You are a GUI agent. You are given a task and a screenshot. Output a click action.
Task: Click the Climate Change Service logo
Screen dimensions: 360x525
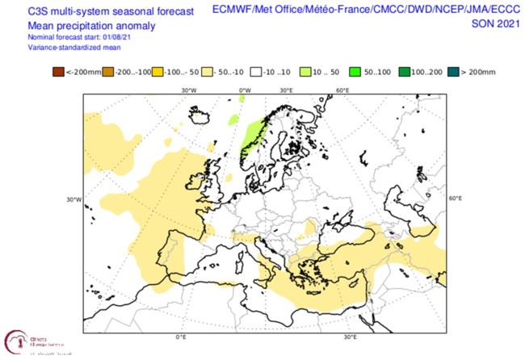point(23,341)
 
